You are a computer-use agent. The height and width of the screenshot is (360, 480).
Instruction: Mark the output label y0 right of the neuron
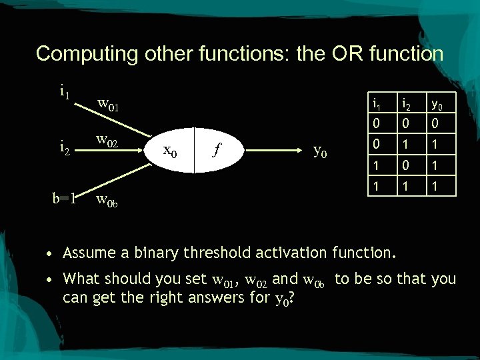(320, 151)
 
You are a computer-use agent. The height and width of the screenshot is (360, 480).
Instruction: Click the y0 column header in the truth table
(436, 103)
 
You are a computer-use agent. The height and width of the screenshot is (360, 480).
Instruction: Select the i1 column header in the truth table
(377, 103)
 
